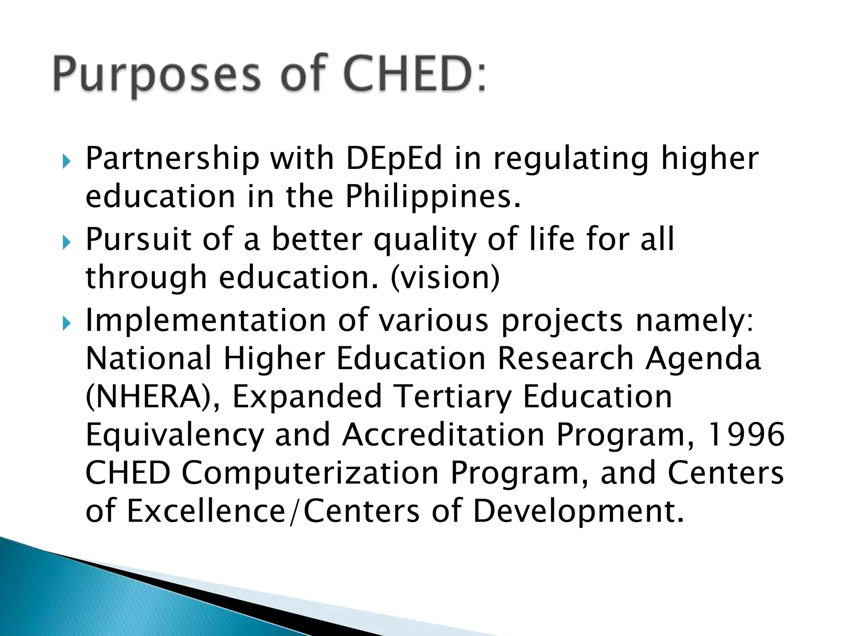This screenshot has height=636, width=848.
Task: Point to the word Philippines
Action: (433, 197)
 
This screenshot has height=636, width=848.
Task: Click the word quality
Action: (425, 240)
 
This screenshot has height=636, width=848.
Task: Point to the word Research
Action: (565, 358)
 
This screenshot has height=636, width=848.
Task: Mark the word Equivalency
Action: (174, 435)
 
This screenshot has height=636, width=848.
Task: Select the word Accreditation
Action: (443, 434)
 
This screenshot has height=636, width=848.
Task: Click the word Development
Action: (578, 512)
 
